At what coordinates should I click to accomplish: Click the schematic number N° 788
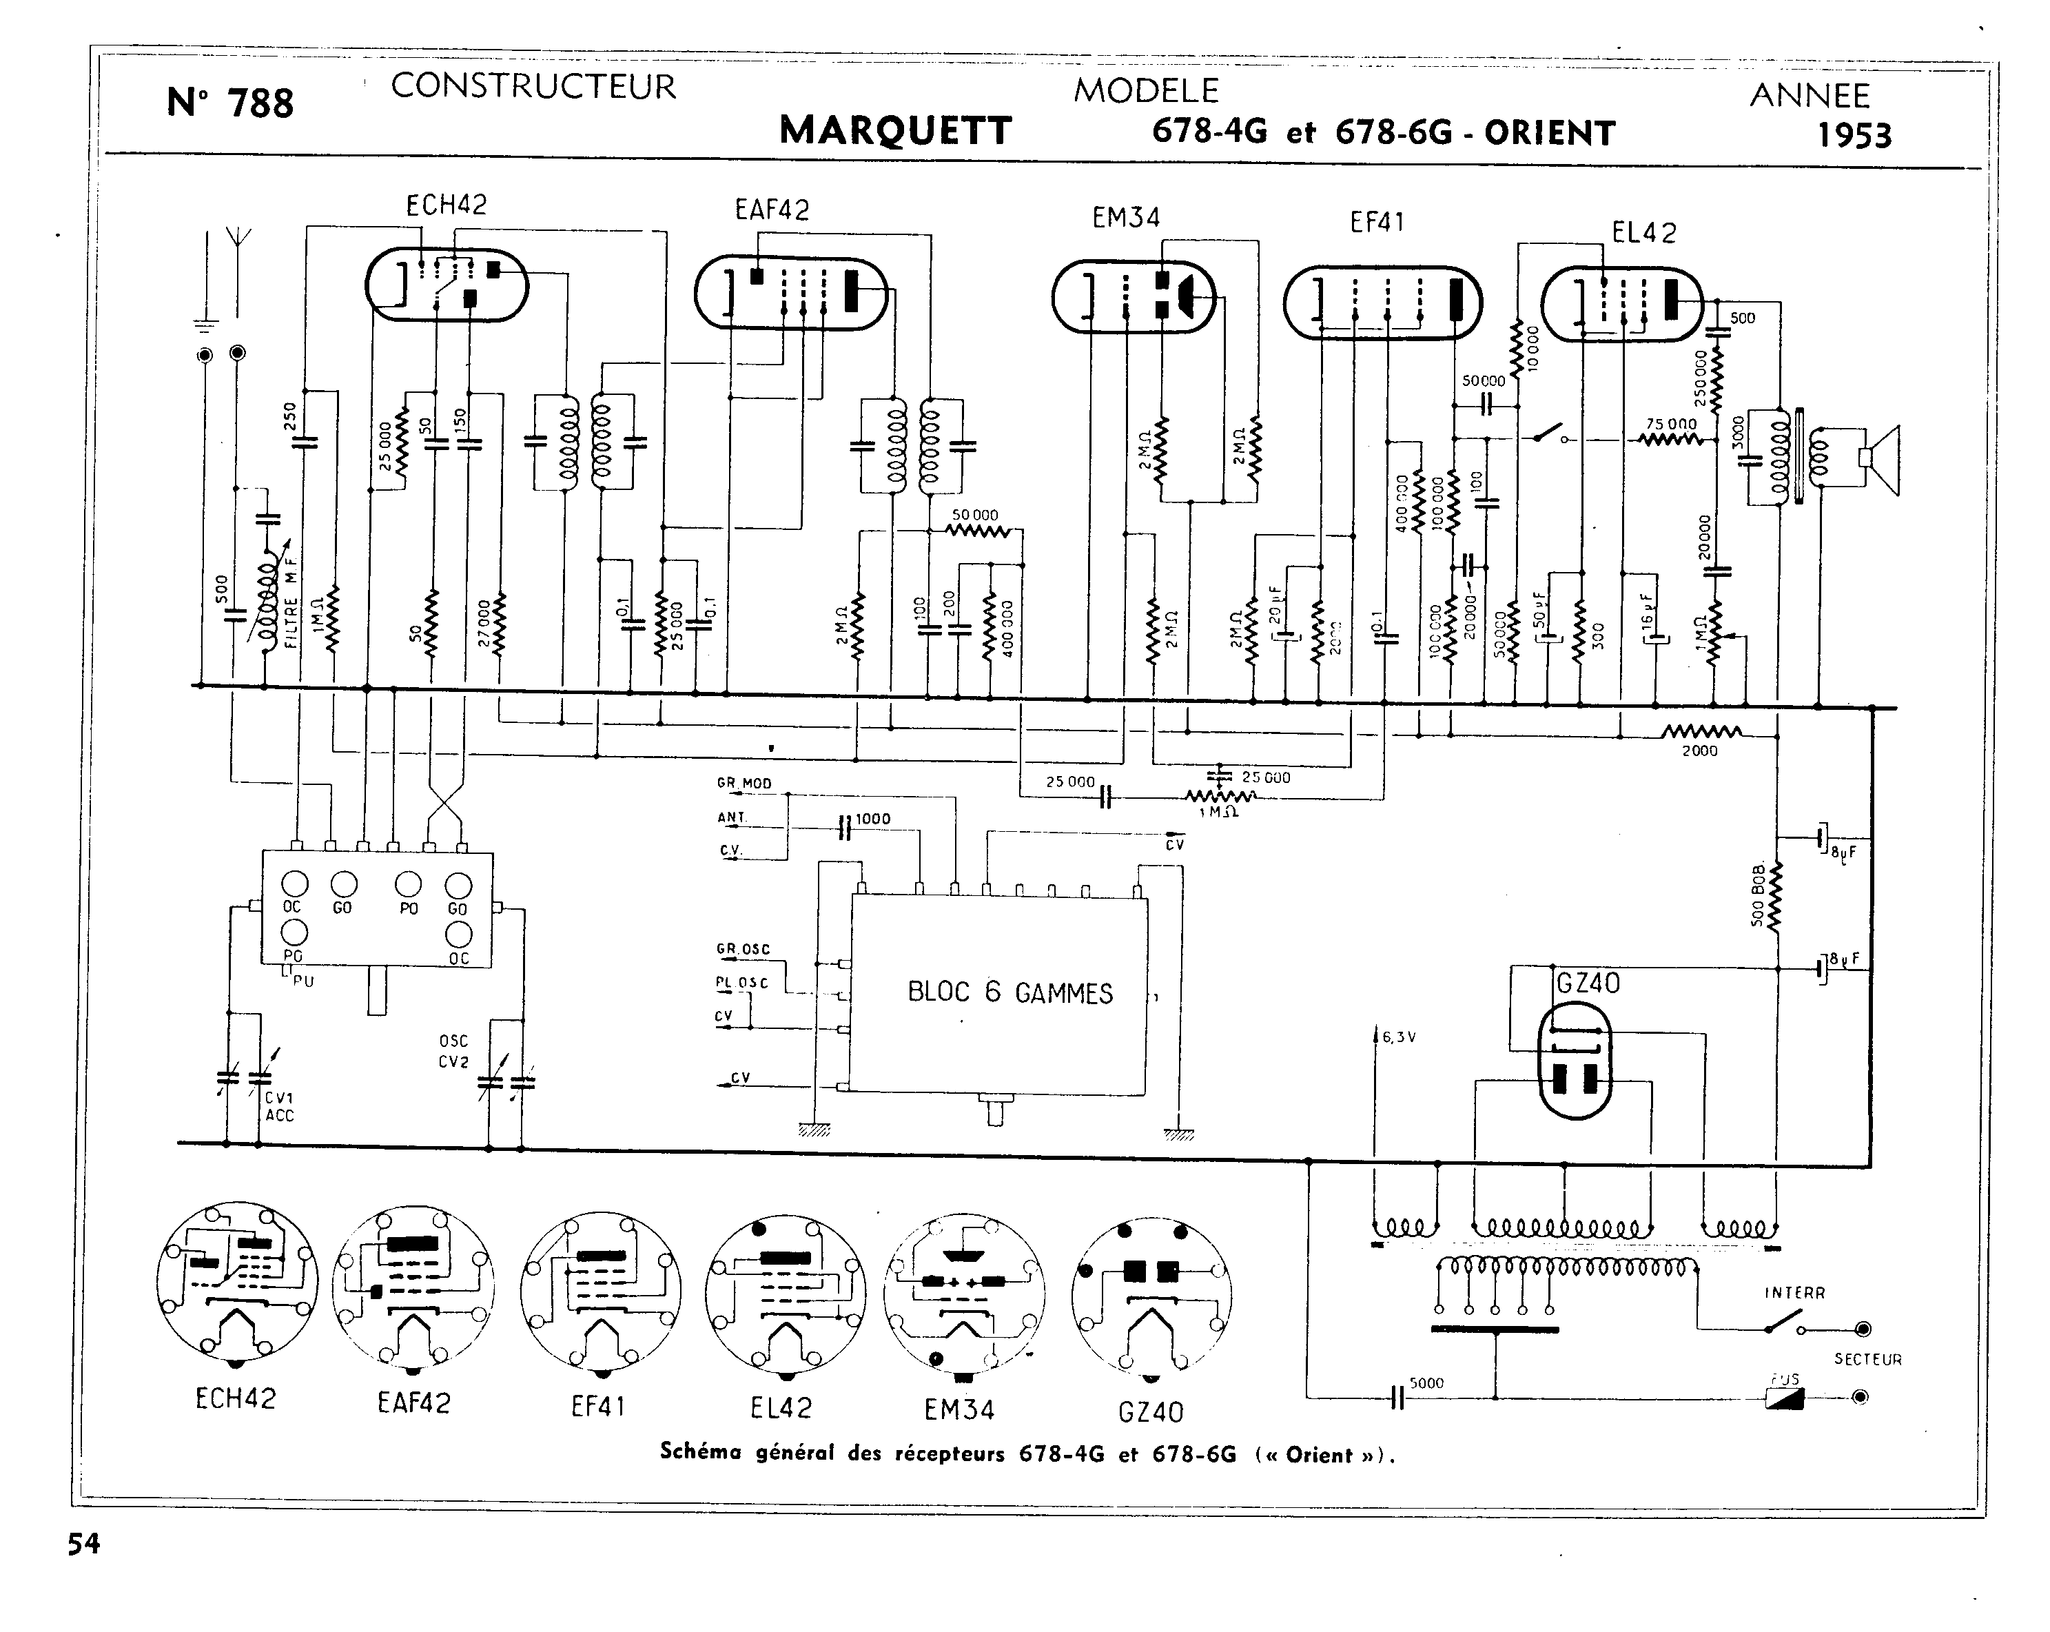pyautogui.click(x=230, y=103)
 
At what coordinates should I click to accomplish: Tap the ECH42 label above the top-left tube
pyautogui.click(x=446, y=205)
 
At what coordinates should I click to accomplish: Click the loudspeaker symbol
pyautogui.click(x=1880, y=460)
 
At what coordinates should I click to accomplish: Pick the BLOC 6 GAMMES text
pyautogui.click(x=1009, y=993)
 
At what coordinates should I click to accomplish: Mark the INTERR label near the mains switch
pyautogui.click(x=1794, y=1292)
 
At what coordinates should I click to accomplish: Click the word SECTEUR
pyautogui.click(x=1867, y=1359)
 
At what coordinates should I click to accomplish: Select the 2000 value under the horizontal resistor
pyautogui.click(x=1699, y=751)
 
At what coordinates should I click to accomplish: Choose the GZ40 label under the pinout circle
pyautogui.click(x=1151, y=1411)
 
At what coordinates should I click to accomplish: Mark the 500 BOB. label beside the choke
pyautogui.click(x=1758, y=894)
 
